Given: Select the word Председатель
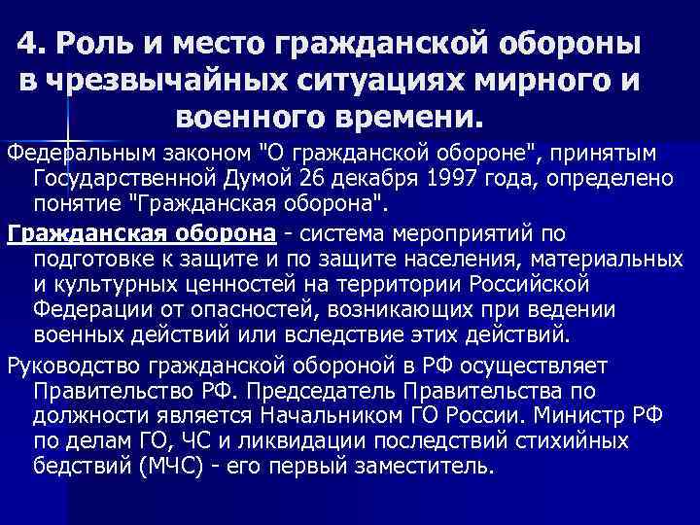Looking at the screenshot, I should [x=357, y=391].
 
